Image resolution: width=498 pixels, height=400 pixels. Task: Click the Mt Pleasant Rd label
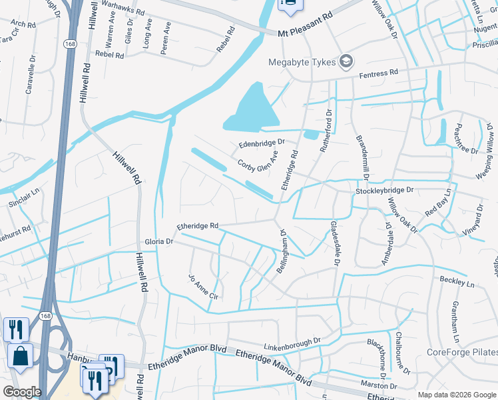[x=305, y=32]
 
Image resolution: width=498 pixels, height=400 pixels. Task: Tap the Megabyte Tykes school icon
[x=346, y=63]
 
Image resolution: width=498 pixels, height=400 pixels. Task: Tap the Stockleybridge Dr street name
[x=385, y=190]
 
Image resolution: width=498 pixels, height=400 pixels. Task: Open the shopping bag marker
[x=20, y=357]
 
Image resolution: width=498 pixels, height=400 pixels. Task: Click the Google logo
[x=22, y=391]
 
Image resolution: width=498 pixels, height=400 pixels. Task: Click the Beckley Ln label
[x=457, y=283]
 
